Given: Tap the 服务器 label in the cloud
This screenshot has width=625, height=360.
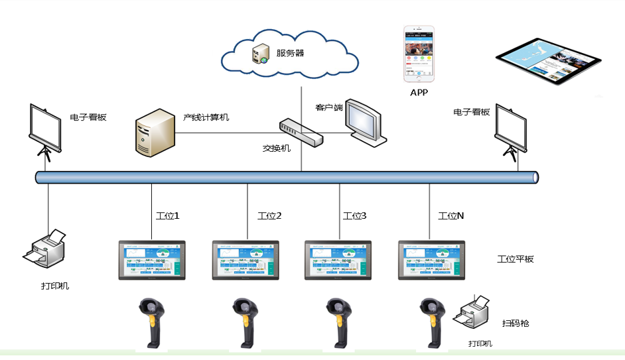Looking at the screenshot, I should pyautogui.click(x=290, y=53).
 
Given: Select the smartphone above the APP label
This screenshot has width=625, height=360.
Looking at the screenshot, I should pyautogui.click(x=419, y=54).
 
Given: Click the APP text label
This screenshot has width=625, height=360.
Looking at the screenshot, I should pyautogui.click(x=419, y=92).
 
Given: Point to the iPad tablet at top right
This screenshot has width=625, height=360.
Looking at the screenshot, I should pyautogui.click(x=549, y=64).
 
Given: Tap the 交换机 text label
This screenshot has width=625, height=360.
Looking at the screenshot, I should pyautogui.click(x=277, y=149).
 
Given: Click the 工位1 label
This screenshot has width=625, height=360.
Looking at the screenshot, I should pyautogui.click(x=167, y=215).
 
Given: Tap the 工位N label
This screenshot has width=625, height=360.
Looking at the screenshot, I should pyautogui.click(x=451, y=215).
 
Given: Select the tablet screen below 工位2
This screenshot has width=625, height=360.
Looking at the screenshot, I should pyautogui.click(x=246, y=259).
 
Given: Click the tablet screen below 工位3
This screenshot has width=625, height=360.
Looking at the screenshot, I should pyautogui.click(x=339, y=259).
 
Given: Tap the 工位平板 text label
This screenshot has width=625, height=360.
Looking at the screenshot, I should pyautogui.click(x=515, y=259).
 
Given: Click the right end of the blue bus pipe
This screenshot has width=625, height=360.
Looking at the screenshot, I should pyautogui.click(x=534, y=178).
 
